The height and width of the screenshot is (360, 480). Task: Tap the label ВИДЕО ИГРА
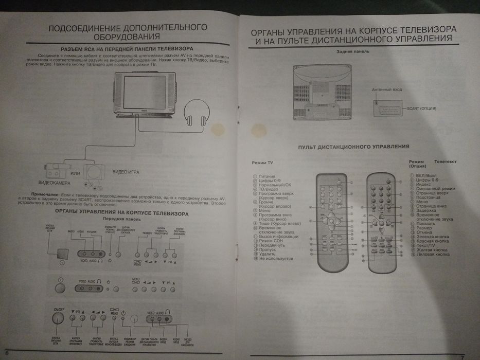click(128, 171)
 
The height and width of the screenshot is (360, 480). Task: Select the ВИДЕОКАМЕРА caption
click(55, 183)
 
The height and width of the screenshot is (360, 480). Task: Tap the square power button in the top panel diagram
click(62, 254)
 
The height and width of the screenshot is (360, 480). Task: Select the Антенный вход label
click(386, 89)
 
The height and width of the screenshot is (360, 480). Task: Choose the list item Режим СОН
click(272, 241)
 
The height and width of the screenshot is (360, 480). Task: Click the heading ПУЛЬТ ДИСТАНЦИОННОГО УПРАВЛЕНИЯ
click(353, 147)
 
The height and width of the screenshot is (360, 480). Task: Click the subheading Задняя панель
click(352, 51)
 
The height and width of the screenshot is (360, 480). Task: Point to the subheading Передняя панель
click(121, 219)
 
